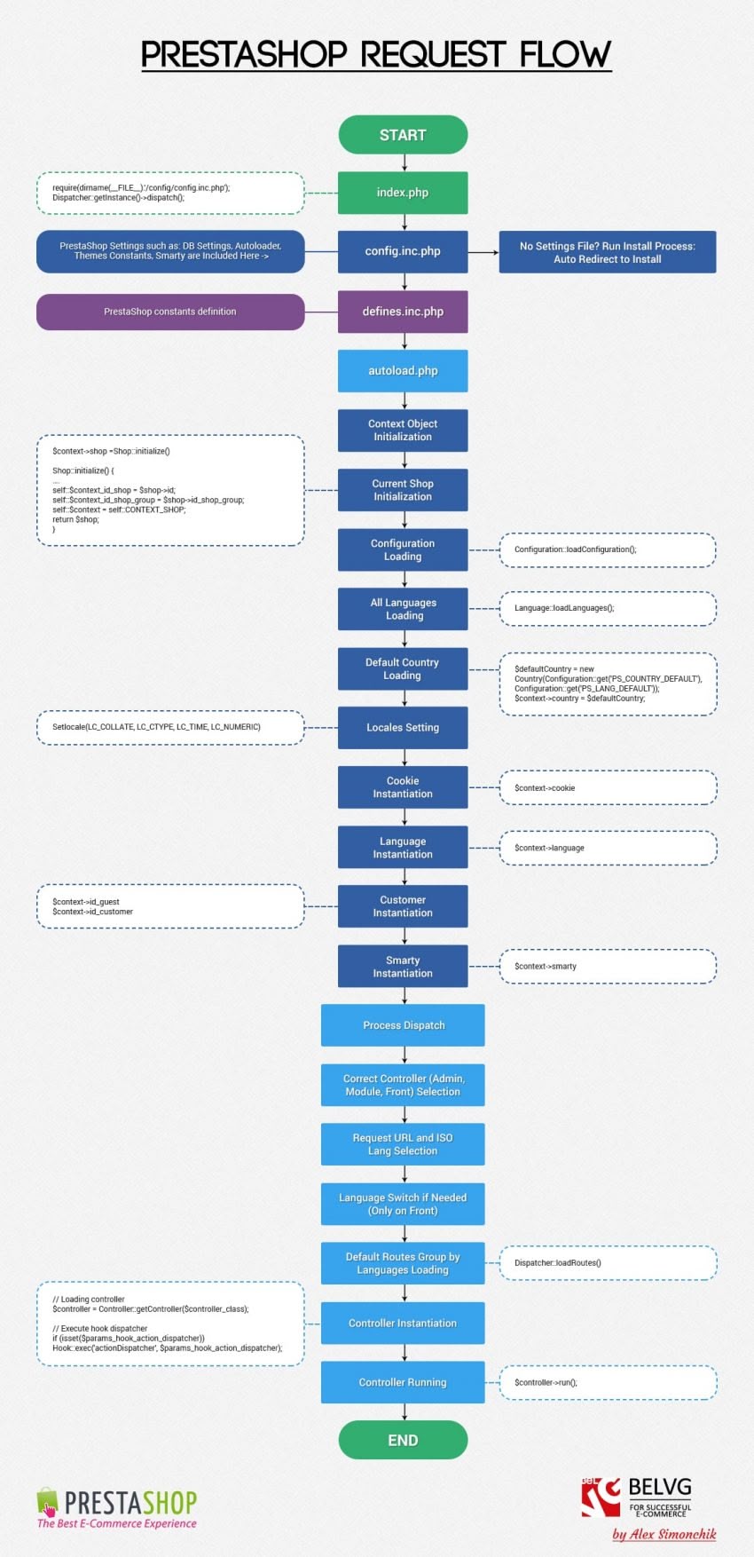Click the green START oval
(x=403, y=135)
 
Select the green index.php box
(x=403, y=193)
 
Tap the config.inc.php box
(x=403, y=251)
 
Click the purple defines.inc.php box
(x=403, y=312)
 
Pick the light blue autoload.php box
(x=403, y=371)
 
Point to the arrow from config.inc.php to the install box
(x=483, y=252)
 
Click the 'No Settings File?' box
(x=607, y=252)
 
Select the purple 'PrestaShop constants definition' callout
(x=169, y=312)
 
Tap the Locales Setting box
(x=403, y=728)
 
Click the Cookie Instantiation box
(x=403, y=787)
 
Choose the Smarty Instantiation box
(x=403, y=967)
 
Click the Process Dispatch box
(x=403, y=1025)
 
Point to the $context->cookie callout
(x=608, y=788)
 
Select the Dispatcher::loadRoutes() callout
(x=608, y=1262)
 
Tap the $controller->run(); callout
(x=608, y=1382)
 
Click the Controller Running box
(x=403, y=1382)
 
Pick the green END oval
(x=403, y=1440)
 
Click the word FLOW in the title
(x=565, y=55)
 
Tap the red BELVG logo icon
(x=601, y=1498)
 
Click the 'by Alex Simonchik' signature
(x=664, y=1534)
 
